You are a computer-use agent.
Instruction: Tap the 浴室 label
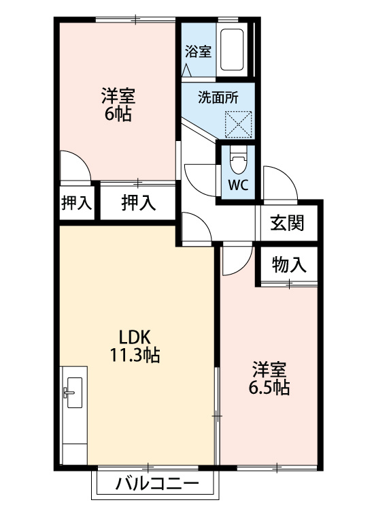(x=198, y=51)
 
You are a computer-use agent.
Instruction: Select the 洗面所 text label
(x=218, y=97)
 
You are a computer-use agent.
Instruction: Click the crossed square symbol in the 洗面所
(x=238, y=124)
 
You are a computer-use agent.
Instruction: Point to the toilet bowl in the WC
(x=237, y=162)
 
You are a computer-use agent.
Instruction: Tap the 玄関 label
(x=286, y=223)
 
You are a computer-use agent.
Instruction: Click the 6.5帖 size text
(x=269, y=388)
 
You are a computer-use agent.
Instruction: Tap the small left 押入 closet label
(x=76, y=202)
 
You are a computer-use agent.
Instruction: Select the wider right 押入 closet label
(x=139, y=202)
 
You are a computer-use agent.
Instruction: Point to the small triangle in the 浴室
(x=188, y=69)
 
